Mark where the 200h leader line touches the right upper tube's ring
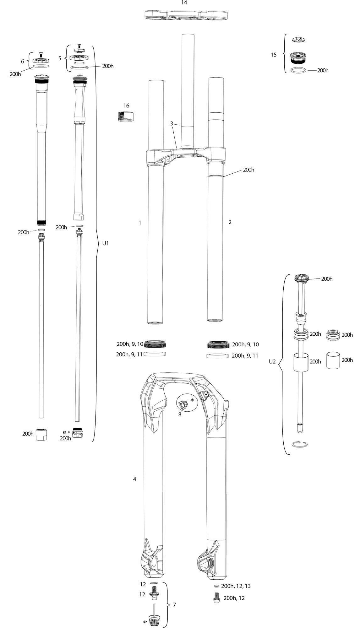pyautogui.click(x=223, y=176)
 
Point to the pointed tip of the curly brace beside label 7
pyautogui.click(x=170, y=604)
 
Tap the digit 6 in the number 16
pyautogui.click(x=128, y=106)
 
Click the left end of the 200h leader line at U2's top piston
pyautogui.click(x=309, y=279)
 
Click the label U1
pyautogui.click(x=106, y=243)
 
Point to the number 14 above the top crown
pyautogui.click(x=184, y=3)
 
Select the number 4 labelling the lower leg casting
pyautogui.click(x=135, y=479)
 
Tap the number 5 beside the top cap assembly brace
pyautogui.click(x=60, y=58)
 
